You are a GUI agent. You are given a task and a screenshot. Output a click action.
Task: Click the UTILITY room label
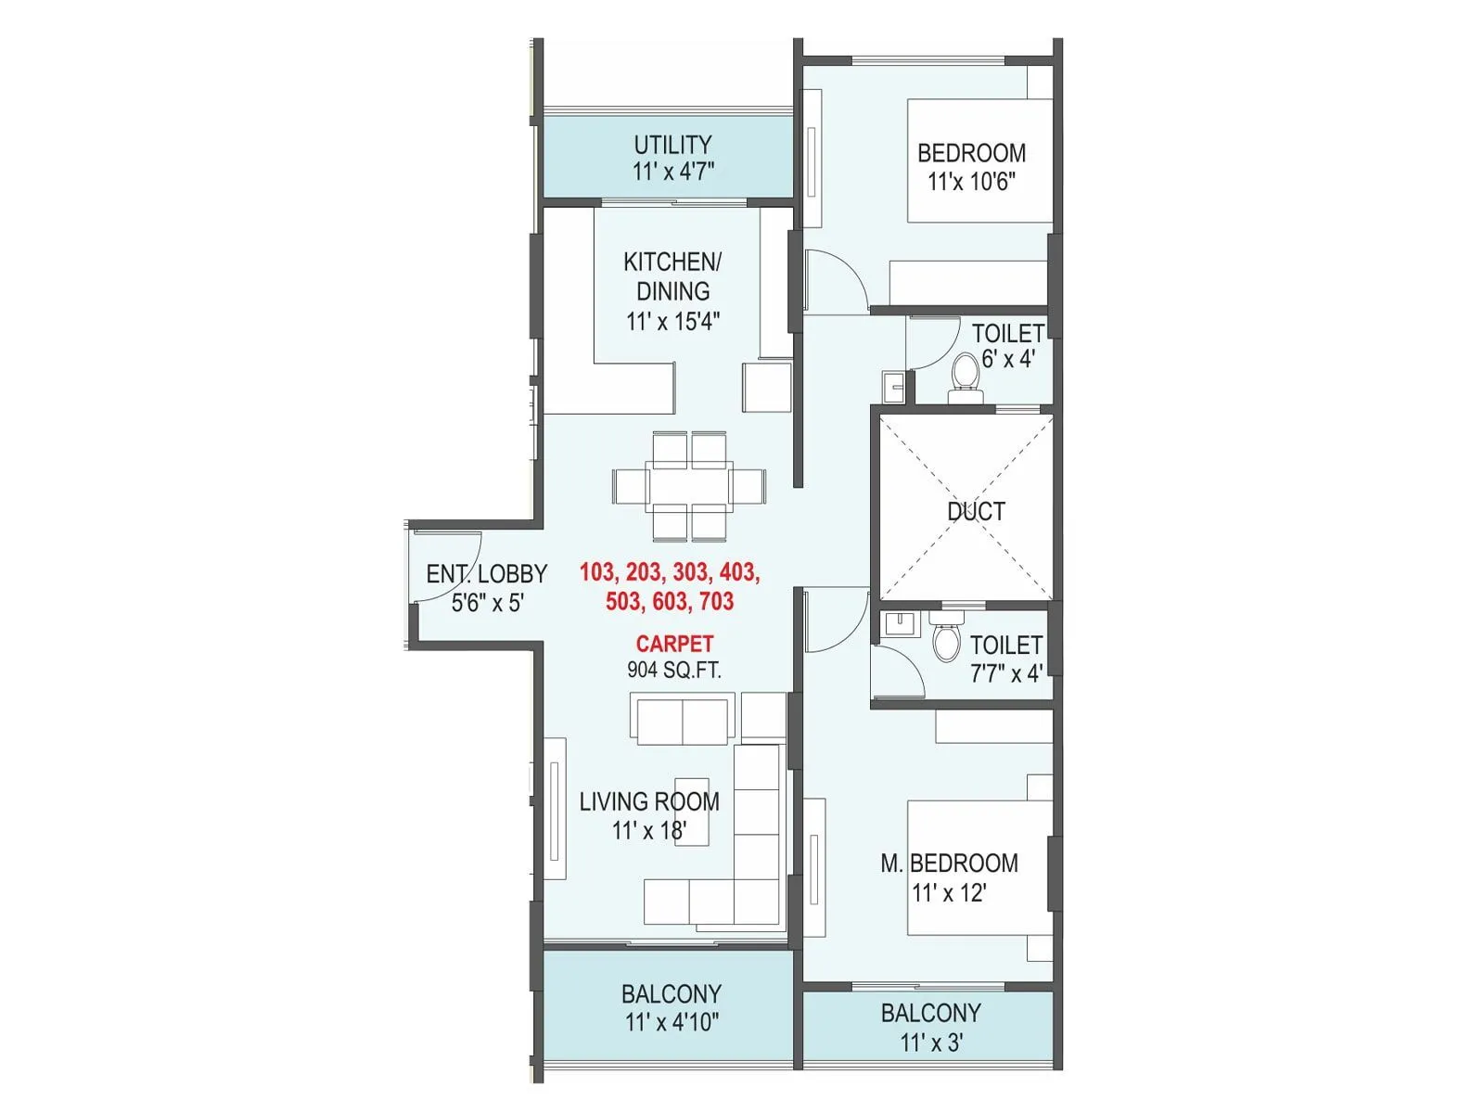672,145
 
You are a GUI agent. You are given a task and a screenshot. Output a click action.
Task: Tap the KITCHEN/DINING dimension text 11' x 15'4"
672,321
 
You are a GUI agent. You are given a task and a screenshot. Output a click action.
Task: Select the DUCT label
976,511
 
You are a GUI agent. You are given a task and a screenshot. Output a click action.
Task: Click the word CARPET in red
674,644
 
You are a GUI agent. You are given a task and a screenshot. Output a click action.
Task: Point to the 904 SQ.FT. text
674,670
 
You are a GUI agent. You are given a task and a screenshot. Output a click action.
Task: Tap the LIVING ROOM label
649,801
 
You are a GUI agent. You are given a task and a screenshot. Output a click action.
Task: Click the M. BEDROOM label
949,864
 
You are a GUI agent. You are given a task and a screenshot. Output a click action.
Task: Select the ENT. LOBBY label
486,574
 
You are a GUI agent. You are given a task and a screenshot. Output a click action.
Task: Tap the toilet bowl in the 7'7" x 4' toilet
946,640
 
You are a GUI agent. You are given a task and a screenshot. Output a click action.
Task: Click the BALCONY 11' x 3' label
930,1013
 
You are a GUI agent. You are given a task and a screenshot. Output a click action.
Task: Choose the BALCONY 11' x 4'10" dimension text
672,1022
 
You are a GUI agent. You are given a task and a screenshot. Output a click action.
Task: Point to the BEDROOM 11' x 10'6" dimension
971,181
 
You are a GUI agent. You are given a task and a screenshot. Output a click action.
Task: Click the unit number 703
715,601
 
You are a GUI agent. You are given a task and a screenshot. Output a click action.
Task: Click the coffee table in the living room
692,812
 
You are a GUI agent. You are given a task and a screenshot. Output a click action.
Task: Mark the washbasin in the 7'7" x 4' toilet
897,623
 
